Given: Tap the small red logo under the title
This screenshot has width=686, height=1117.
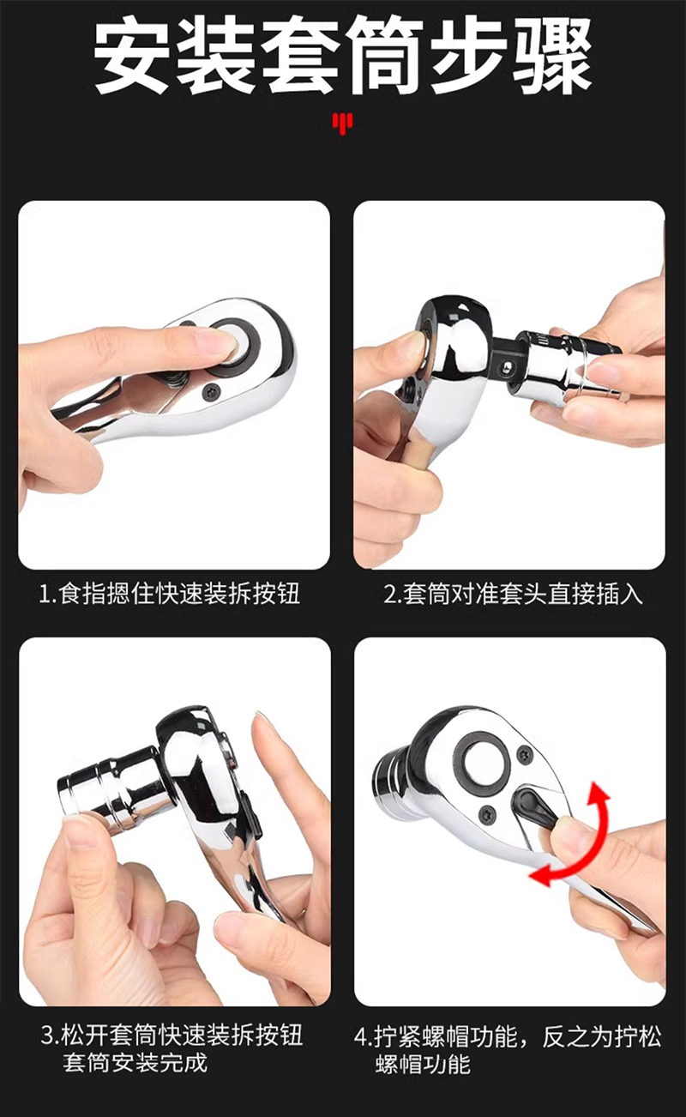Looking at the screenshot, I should (342, 123).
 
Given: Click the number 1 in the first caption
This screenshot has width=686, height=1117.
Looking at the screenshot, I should (45, 594).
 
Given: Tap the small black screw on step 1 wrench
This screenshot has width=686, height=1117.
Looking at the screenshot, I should (210, 391).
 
